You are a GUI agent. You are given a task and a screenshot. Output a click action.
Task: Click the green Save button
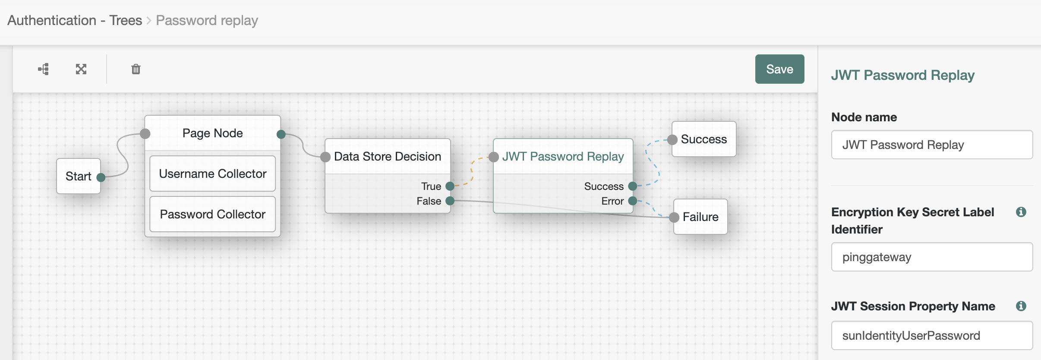[x=779, y=69]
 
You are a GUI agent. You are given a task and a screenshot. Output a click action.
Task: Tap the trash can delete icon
[x=136, y=69]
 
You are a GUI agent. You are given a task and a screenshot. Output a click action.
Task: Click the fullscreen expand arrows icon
[x=81, y=69]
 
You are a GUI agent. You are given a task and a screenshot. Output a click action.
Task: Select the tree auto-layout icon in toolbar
[x=44, y=69]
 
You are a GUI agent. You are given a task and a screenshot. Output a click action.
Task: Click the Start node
[x=78, y=176]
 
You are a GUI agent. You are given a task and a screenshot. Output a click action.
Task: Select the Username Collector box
[x=212, y=174]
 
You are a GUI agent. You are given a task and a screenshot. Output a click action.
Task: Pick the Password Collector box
[x=212, y=214]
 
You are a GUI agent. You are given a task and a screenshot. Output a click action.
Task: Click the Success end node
[x=703, y=139]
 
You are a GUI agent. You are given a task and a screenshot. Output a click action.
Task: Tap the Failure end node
[x=700, y=217]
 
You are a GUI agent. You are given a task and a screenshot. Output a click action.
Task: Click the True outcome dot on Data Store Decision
[x=450, y=186]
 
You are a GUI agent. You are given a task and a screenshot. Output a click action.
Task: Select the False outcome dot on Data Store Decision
[x=450, y=201]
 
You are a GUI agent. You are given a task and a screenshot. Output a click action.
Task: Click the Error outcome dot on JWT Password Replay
[x=633, y=201]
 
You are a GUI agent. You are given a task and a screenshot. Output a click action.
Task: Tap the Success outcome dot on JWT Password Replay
[x=633, y=186]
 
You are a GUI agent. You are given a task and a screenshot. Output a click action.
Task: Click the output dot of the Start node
[x=101, y=177]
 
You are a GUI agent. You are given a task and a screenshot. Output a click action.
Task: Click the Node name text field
[x=931, y=145]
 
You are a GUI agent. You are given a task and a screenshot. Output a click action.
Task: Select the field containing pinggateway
[x=931, y=257]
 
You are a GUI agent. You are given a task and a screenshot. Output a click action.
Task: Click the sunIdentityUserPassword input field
[x=931, y=335]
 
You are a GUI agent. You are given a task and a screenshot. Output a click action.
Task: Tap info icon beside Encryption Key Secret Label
[x=1021, y=212]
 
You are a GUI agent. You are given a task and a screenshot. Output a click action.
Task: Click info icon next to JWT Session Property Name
[x=1021, y=306]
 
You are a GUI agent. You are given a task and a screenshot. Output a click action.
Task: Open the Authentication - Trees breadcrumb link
[x=75, y=20]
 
